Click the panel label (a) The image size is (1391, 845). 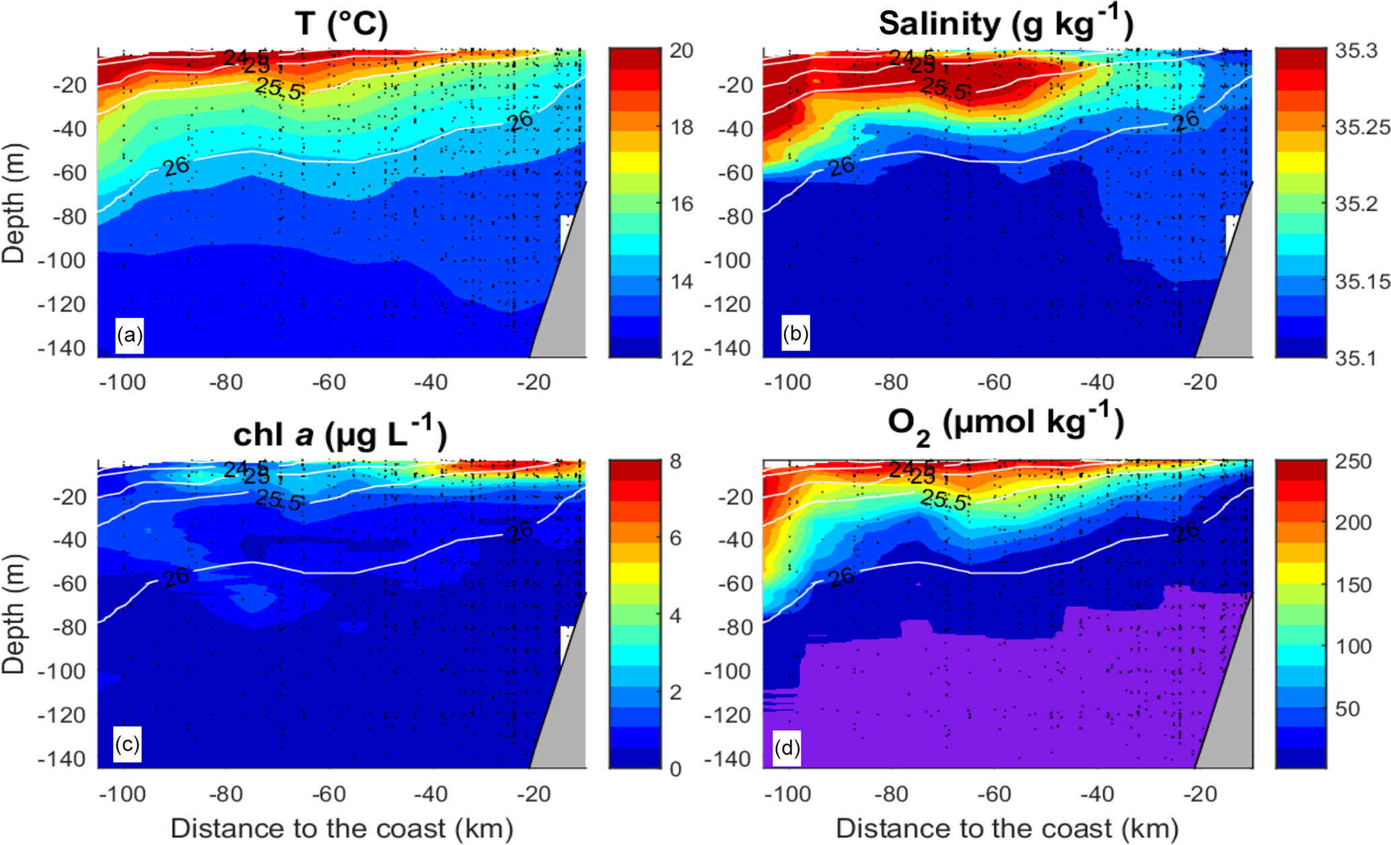[x=129, y=335]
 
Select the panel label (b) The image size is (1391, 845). [x=795, y=333]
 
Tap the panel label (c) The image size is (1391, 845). [x=127, y=745]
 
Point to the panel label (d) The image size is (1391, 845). [x=787, y=747]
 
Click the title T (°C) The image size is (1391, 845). [x=341, y=24]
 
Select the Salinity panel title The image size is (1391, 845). [x=1005, y=24]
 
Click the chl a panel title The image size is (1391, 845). [x=340, y=435]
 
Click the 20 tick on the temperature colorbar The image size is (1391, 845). [x=681, y=51]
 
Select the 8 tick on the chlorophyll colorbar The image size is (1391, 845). [x=676, y=462]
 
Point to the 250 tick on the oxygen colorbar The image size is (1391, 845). [x=1353, y=462]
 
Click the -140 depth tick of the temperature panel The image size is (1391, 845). [x=62, y=348]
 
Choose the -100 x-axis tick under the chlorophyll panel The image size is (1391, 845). [x=122, y=795]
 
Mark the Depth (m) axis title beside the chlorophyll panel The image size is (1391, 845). [x=13, y=614]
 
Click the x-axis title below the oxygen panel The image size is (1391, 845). [x=1007, y=828]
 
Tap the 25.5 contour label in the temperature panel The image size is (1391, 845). [x=278, y=88]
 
